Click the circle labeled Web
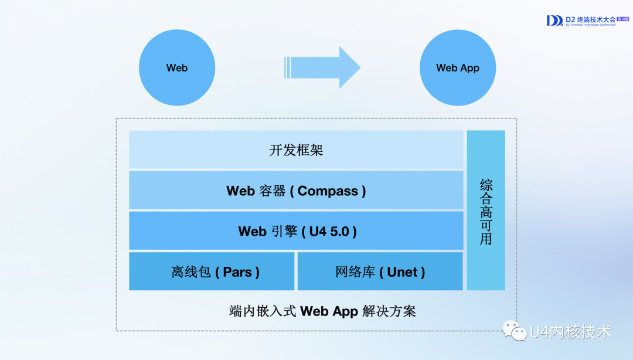tap(176, 68)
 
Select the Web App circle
tap(458, 68)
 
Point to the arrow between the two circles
tap(322, 67)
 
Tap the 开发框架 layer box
tap(296, 150)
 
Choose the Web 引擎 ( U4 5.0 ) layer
tap(296, 231)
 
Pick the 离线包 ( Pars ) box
tap(212, 271)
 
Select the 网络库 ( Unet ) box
tap(380, 271)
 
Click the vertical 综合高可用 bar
tap(486, 210)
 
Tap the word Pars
tap(237, 272)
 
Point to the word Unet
tap(402, 272)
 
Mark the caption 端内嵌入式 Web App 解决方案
tap(322, 311)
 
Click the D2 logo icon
tap(554, 21)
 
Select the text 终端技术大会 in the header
tap(596, 19)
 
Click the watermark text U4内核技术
tap(570, 332)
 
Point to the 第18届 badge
tap(622, 19)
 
